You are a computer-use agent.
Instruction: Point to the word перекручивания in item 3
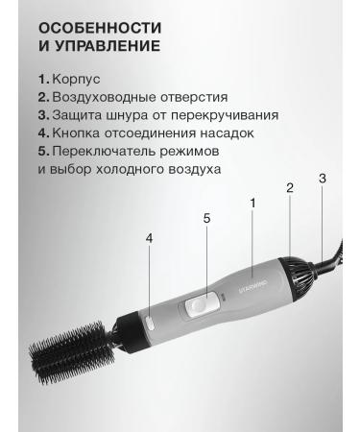[x=227, y=115]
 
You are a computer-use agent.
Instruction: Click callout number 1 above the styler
[x=252, y=203]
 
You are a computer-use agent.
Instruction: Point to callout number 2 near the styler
[x=289, y=188]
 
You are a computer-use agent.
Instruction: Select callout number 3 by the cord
[x=323, y=179]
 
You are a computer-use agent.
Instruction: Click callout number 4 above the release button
[x=149, y=238]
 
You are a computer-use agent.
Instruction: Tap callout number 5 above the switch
[x=205, y=219]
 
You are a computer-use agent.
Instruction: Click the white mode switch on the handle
[x=200, y=306]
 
